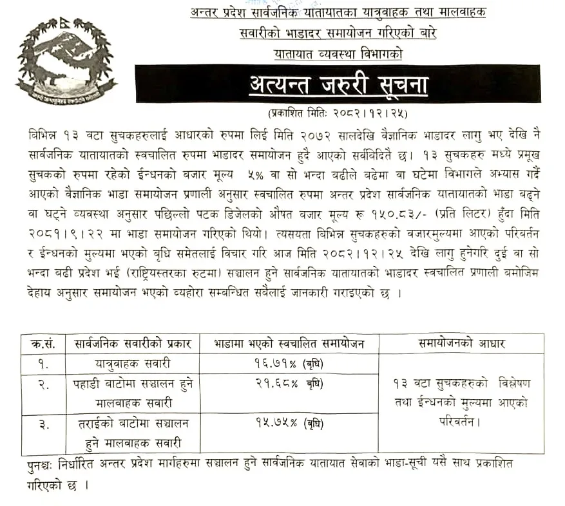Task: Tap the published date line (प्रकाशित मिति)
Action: (338, 113)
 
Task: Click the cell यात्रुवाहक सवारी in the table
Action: (131, 363)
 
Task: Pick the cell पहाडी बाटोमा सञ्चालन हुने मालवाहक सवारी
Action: (131, 393)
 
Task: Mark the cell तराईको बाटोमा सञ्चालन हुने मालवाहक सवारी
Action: (131, 433)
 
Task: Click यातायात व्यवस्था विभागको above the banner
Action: (338, 55)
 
